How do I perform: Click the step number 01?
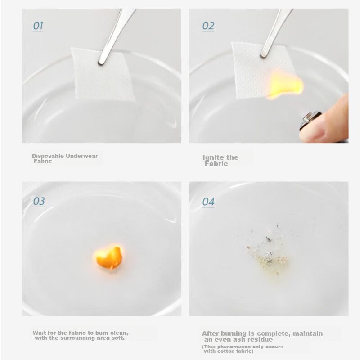click(x=38, y=26)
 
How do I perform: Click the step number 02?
click(x=208, y=26)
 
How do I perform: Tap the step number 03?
click(x=39, y=201)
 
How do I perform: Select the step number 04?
click(x=208, y=202)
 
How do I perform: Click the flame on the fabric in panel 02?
click(x=285, y=85)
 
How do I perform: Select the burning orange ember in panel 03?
click(x=108, y=257)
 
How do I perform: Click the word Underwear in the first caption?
click(x=82, y=156)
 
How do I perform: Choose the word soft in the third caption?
click(x=119, y=338)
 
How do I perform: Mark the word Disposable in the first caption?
click(x=48, y=156)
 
